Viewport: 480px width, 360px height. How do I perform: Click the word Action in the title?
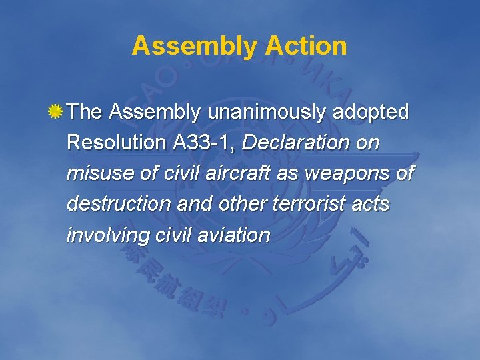pos(306,46)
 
